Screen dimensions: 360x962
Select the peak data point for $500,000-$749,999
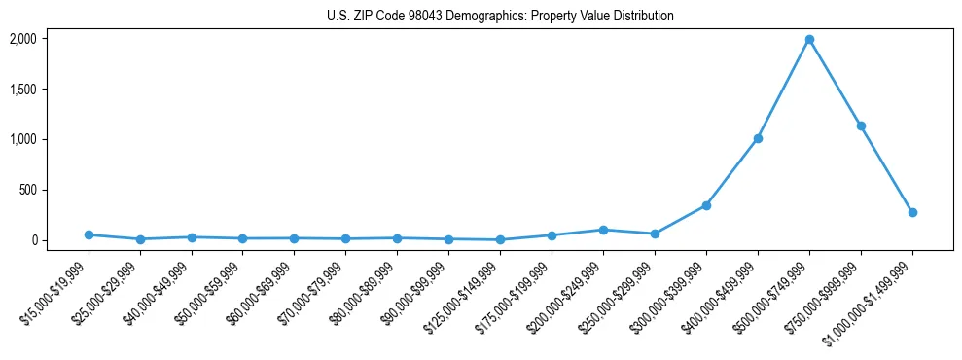coord(809,40)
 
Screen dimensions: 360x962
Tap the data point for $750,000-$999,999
coord(861,126)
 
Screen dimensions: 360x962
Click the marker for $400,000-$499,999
coord(758,138)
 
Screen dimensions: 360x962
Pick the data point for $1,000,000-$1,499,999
coord(912,212)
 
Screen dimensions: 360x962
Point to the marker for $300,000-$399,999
coord(706,205)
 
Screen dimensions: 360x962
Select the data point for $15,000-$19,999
coord(89,234)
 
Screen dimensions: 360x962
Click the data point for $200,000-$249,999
coord(603,230)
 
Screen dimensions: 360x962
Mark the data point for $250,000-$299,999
coord(655,234)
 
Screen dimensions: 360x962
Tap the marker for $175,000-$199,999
coord(552,235)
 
